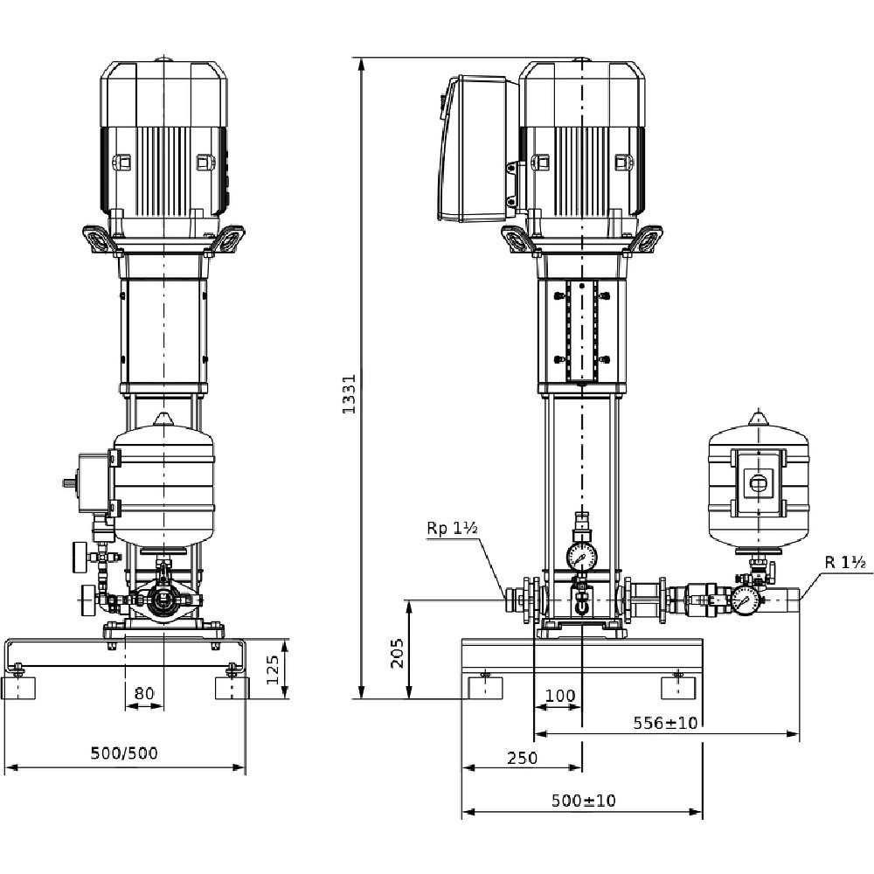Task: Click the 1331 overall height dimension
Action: (350, 393)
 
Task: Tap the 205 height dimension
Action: (397, 653)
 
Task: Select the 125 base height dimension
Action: (272, 669)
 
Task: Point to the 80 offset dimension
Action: (144, 693)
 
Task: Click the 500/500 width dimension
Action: (124, 753)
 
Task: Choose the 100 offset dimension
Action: (559, 696)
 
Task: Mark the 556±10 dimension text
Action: (665, 723)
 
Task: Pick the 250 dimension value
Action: (523, 758)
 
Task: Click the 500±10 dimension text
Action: (584, 801)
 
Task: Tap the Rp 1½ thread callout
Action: (452, 528)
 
